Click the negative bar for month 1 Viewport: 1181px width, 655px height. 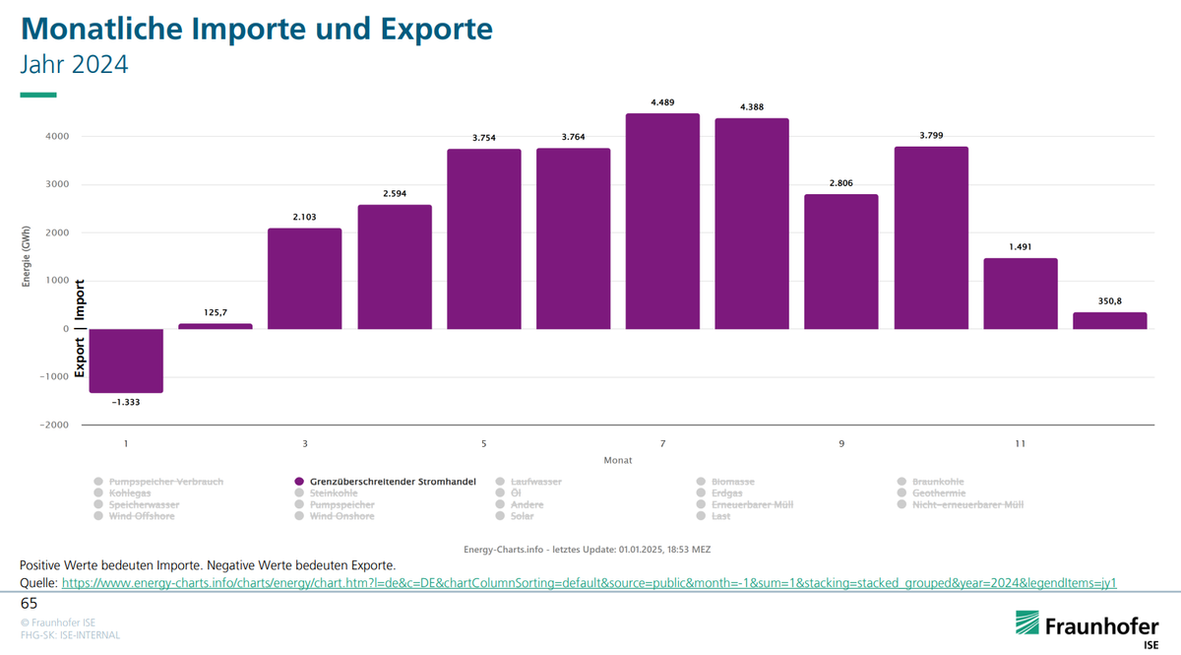tap(125, 360)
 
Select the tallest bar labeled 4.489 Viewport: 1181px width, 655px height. tap(662, 222)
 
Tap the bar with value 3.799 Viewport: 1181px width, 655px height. tap(931, 237)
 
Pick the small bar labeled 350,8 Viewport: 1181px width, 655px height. tap(1109, 320)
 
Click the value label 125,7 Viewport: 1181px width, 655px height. tap(215, 313)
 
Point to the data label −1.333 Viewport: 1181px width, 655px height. tap(125, 402)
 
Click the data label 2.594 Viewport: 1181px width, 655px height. tap(394, 194)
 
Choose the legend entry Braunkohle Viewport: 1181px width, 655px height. tap(939, 482)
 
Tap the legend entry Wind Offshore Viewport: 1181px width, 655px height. tap(141, 516)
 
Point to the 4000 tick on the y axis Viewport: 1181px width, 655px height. tap(55, 137)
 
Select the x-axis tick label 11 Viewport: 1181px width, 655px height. tap(1020, 444)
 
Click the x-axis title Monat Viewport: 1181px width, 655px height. tap(618, 460)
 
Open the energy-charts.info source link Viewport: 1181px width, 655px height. tap(589, 583)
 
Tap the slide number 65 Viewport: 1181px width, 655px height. tap(29, 603)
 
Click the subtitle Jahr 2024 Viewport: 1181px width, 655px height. tap(74, 65)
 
